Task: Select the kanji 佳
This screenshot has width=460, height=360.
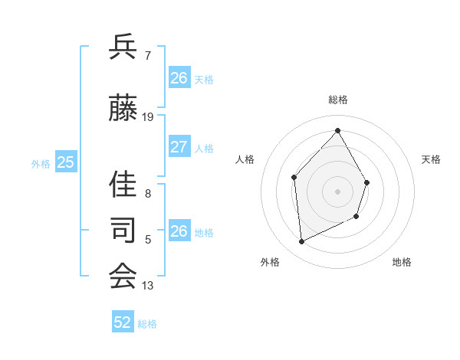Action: (x=123, y=184)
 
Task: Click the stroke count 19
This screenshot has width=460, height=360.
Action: (x=148, y=117)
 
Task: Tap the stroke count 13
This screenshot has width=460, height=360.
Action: (x=148, y=286)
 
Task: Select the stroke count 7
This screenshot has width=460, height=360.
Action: (x=148, y=55)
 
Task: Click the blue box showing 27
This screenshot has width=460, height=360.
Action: (x=179, y=147)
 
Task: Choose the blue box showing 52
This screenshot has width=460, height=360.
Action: (x=123, y=322)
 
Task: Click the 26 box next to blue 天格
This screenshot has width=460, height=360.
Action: (x=179, y=78)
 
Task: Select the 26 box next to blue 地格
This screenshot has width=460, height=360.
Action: (x=179, y=231)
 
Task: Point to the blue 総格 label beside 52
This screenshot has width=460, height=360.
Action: (x=147, y=324)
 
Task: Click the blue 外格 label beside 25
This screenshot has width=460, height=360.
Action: (x=41, y=163)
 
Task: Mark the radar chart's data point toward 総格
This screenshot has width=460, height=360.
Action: (x=337, y=130)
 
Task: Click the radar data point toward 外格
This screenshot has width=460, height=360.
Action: (x=301, y=242)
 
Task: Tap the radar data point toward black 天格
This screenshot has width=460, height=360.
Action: (x=367, y=182)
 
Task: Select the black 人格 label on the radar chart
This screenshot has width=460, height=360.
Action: (x=245, y=159)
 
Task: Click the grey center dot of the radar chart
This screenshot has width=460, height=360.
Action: (x=337, y=191)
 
